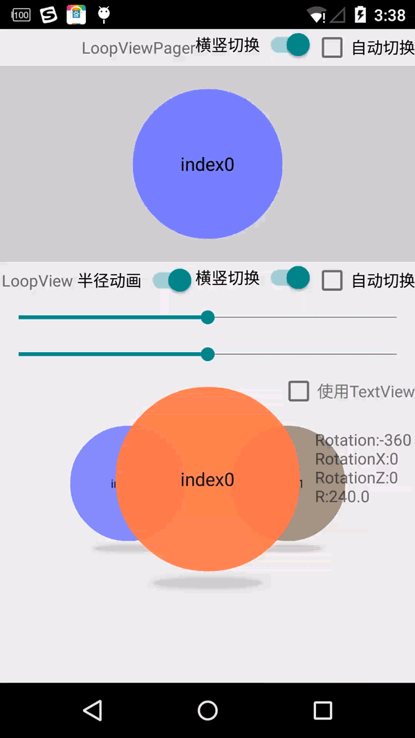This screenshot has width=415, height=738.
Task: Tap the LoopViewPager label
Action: pos(138,48)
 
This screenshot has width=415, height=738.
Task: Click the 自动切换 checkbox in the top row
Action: pos(332,47)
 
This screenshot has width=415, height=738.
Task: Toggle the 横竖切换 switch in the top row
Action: pos(290,45)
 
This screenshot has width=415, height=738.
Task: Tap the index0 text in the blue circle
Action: pos(207,165)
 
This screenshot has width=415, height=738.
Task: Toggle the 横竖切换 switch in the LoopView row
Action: pos(290,278)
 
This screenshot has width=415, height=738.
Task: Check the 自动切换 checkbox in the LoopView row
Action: pos(332,280)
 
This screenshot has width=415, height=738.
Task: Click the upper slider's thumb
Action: pos(207,317)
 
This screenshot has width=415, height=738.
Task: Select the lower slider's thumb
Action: pos(207,354)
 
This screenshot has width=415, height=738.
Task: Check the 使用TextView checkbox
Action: pos(299,391)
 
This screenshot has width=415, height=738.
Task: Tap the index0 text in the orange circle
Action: pos(207,479)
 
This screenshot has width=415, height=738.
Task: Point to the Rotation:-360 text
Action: pos(363,441)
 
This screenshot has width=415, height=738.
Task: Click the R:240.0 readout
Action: pos(342,497)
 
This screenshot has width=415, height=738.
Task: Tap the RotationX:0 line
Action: pos(356,459)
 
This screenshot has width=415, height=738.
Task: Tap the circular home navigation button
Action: pos(207,710)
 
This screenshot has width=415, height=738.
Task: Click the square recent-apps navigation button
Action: pos(323,710)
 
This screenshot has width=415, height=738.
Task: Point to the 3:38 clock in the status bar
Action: pos(389,15)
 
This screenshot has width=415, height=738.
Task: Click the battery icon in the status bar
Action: pos(360,15)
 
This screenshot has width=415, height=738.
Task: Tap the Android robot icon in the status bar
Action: pos(104,14)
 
